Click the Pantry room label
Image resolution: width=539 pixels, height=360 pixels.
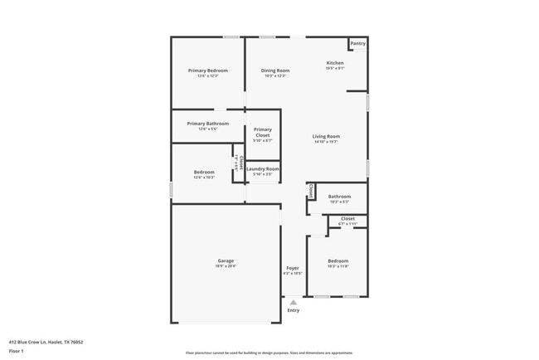point(357,43)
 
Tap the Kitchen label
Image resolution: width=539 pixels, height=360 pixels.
point(335,63)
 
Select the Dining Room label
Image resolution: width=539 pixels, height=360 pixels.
point(275,71)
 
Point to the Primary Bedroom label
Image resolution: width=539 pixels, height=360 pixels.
point(207,71)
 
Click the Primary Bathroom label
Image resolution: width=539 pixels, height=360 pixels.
point(207,124)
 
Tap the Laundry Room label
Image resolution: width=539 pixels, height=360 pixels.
point(263,168)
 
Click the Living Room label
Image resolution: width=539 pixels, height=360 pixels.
point(326,136)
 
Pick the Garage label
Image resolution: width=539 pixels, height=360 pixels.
point(226,260)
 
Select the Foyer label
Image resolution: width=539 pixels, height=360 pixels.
point(293,268)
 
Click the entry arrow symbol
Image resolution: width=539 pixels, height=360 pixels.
point(293,302)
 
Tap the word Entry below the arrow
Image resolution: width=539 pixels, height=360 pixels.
point(293,310)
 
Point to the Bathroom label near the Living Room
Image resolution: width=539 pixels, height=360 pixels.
point(339,197)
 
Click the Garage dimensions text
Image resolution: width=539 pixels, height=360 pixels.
point(226,266)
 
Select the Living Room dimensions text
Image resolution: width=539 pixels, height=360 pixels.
point(326,142)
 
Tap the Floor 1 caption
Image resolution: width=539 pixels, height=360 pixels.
point(17,351)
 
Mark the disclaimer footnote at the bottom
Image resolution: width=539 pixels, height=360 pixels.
point(269,353)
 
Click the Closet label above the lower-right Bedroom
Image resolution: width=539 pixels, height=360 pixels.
point(347,218)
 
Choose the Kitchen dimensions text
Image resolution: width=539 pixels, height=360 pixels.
point(335,69)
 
